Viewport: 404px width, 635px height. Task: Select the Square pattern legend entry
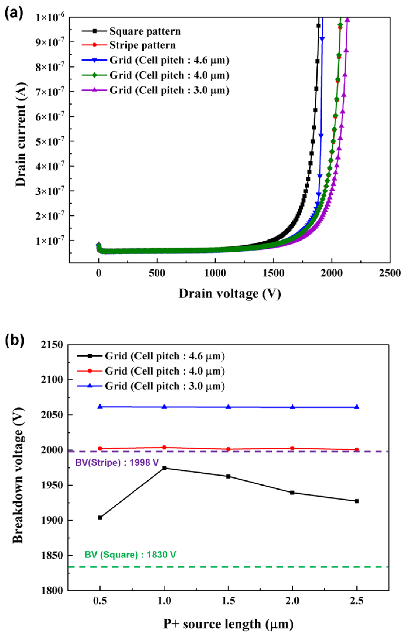(x=145, y=31)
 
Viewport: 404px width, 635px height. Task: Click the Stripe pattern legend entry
(x=142, y=45)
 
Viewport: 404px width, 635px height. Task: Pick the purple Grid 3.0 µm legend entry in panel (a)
(x=169, y=91)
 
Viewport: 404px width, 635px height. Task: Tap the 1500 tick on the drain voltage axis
(x=273, y=273)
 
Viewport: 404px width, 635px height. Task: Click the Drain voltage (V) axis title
(x=229, y=294)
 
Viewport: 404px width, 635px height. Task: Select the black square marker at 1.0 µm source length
(x=164, y=468)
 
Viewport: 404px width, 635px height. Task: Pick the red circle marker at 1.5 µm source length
(x=228, y=449)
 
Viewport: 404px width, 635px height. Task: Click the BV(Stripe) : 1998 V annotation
(x=117, y=462)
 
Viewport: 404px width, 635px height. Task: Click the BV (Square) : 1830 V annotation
(x=130, y=555)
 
